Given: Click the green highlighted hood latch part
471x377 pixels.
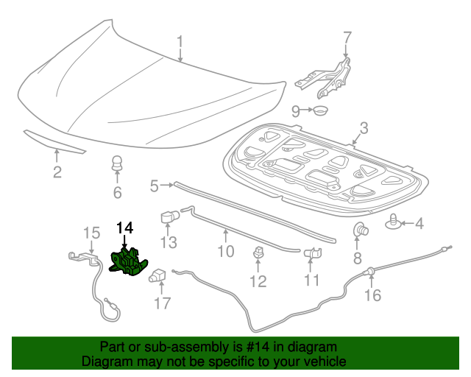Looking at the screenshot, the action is click(x=127, y=263).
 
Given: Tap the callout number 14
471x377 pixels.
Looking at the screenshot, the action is click(x=125, y=228).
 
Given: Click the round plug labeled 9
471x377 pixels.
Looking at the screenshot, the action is click(x=319, y=111).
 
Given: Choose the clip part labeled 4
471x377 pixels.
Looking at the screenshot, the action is click(x=397, y=221).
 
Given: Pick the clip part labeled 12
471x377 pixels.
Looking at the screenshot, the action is click(x=258, y=253).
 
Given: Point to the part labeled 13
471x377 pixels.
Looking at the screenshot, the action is click(x=169, y=218).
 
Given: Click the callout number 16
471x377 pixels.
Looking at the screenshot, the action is click(x=373, y=296).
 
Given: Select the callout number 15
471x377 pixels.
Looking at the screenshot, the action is click(x=91, y=233).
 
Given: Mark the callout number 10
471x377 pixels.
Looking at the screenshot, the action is click(x=225, y=252).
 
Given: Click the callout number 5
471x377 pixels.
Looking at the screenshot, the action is click(x=155, y=186).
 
